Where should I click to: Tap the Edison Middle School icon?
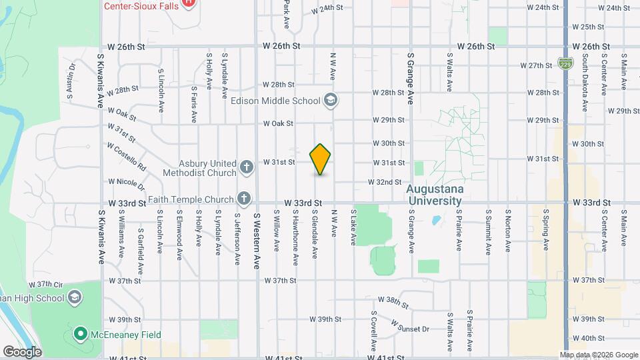pyautogui.click(x=330, y=101)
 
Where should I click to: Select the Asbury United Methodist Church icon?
pyautogui.click(x=247, y=166)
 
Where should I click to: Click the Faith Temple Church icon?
pyautogui.click(x=244, y=199)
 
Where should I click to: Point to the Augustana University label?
pyautogui.click(x=435, y=195)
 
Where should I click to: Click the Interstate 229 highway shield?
pyautogui.click(x=565, y=63)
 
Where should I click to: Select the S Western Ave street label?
pyautogui.click(x=256, y=240)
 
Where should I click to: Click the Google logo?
pyautogui.click(x=21, y=351)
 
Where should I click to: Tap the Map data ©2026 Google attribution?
pyautogui.click(x=598, y=355)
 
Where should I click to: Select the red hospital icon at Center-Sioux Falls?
pyautogui.click(x=189, y=3)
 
